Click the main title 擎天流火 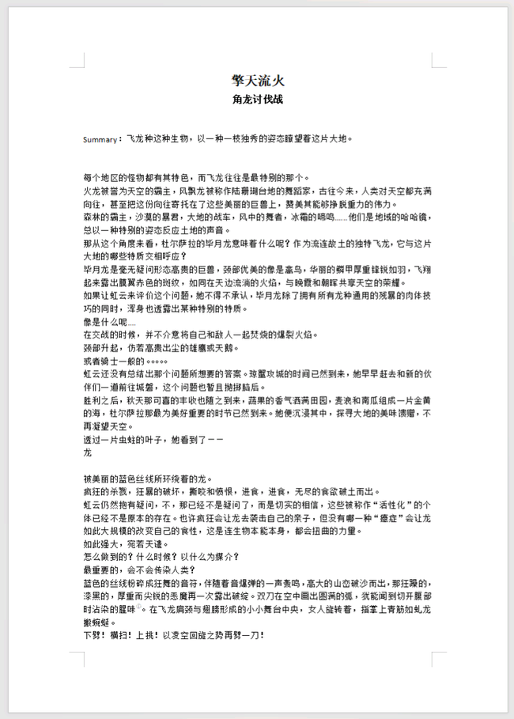257,81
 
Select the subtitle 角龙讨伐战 257,100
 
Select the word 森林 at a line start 92,217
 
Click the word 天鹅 203,347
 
